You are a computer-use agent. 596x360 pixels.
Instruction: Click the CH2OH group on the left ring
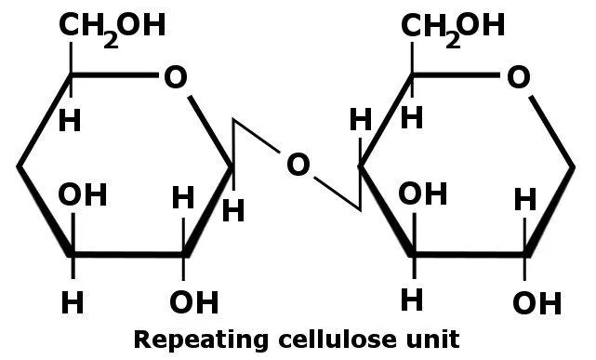[x=113, y=25]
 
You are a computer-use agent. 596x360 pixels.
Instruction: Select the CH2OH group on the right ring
[x=453, y=25]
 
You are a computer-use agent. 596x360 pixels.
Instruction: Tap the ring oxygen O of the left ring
[x=175, y=77]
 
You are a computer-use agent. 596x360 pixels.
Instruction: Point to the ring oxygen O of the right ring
[x=517, y=77]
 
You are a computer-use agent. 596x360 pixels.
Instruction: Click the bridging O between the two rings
[x=297, y=166]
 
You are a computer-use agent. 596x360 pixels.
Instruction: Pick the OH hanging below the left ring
[x=193, y=302]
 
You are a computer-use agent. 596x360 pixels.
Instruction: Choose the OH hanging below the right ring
[x=536, y=303]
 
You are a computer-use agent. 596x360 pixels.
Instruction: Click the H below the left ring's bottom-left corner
[x=72, y=302]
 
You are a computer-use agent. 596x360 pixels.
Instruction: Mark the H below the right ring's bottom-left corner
[x=412, y=300]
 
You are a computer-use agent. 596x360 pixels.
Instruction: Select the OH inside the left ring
[x=83, y=195]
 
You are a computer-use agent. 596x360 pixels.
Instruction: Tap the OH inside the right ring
[x=423, y=195]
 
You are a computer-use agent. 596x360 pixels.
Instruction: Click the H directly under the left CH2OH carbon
[x=70, y=121]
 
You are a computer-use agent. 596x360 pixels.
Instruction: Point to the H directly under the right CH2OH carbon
[x=412, y=118]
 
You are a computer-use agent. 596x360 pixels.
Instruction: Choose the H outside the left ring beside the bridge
[x=233, y=211]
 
